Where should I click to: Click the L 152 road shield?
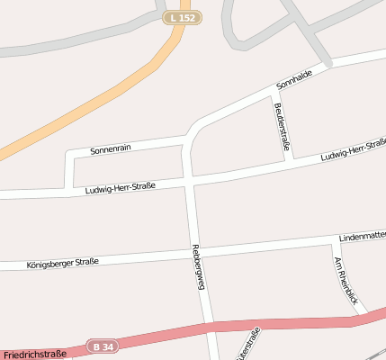[x=183, y=17]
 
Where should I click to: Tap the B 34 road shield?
[x=103, y=345]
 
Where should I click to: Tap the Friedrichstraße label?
[x=35, y=355]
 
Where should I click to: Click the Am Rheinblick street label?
[x=346, y=279]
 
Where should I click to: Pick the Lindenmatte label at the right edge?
[x=362, y=237]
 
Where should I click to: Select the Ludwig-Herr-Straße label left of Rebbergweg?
[x=121, y=188]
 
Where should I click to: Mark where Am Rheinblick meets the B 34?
[x=364, y=314]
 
